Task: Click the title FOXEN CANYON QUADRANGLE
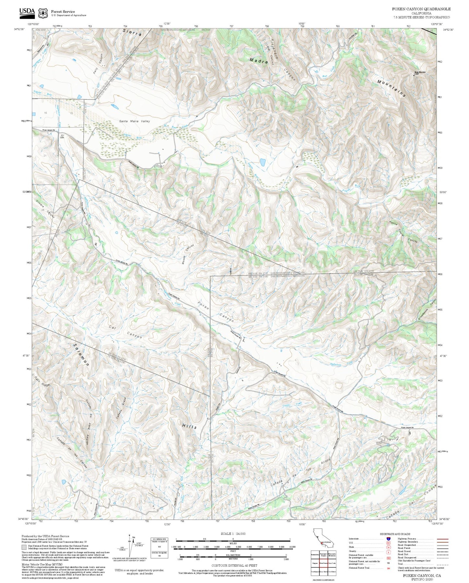(x=421, y=9)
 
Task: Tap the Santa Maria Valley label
(x=134, y=121)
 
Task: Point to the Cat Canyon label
(x=125, y=332)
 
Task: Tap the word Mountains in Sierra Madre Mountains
(x=391, y=88)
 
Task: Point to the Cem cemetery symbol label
(x=62, y=137)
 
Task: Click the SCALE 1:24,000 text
(x=233, y=534)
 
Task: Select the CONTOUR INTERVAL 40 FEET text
(x=233, y=565)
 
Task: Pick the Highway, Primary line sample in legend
(x=442, y=539)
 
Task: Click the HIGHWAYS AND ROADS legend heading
(x=395, y=534)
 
